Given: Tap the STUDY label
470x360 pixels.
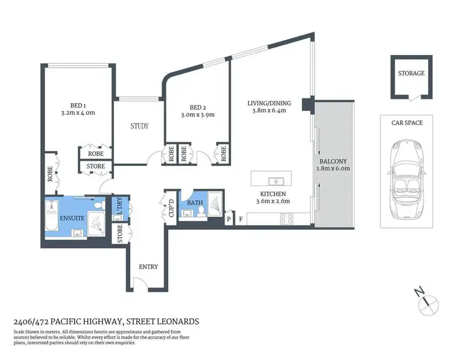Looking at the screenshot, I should coord(140,126).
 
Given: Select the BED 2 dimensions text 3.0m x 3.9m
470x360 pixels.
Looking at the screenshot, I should coord(197,115).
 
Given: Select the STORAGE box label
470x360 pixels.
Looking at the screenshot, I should coord(411,73).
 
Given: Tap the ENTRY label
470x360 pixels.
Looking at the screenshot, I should coord(149,267).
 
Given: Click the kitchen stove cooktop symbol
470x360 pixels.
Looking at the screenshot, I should coord(286,219).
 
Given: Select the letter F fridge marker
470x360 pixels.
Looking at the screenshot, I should coord(240,220).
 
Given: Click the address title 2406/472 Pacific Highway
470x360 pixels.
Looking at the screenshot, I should coord(106,321).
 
